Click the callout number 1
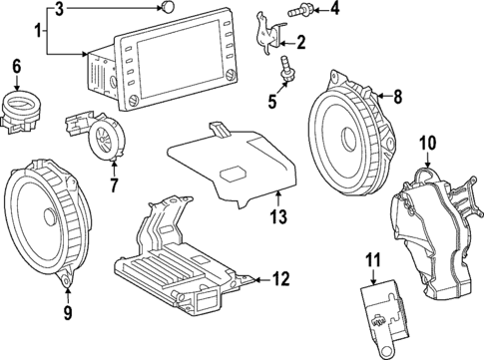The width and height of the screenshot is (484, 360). pyautogui.click(x=39, y=33)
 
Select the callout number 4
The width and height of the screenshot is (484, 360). pyautogui.click(x=335, y=11)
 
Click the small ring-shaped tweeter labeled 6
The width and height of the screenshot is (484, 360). pyautogui.click(x=22, y=105)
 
